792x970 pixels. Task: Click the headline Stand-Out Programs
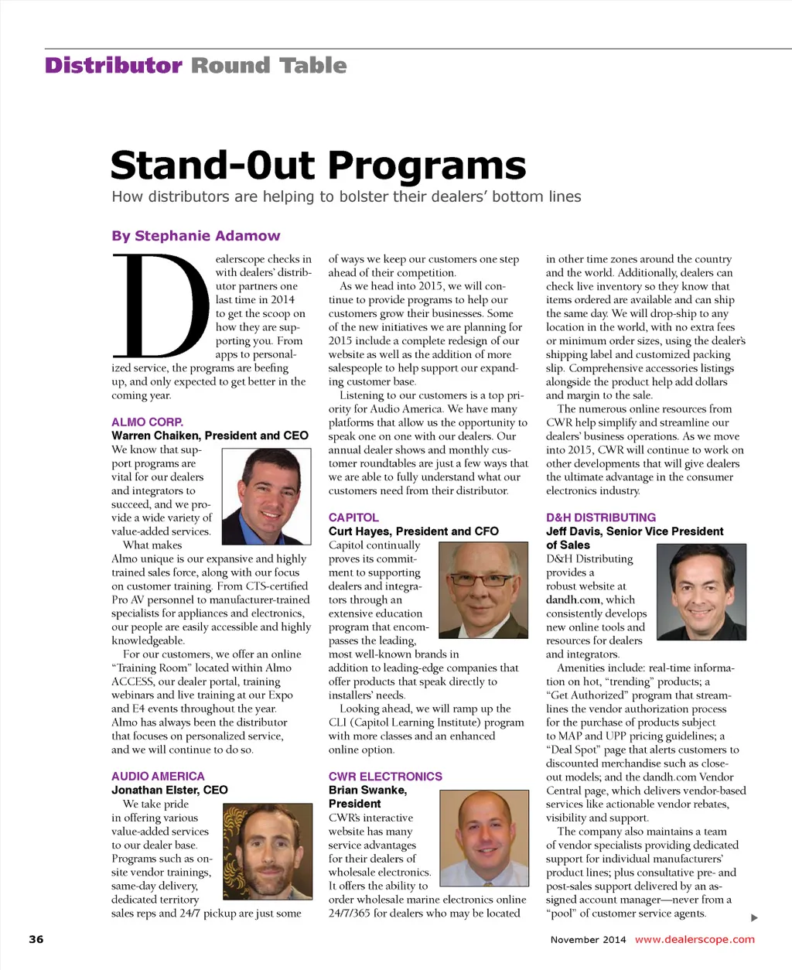[x=318, y=166]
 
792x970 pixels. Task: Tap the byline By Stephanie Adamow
[x=196, y=236]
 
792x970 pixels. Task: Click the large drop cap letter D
[x=161, y=306]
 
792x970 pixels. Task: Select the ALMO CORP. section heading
[x=147, y=422]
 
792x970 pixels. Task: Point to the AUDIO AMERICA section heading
[x=158, y=776]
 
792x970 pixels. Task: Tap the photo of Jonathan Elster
[x=267, y=851]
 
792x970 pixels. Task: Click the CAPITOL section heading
[x=353, y=517]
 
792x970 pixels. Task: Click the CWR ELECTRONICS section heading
[x=385, y=776]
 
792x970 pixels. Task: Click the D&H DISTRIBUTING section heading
[x=601, y=517]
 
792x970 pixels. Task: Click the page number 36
[x=36, y=939]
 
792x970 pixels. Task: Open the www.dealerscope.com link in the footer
[x=695, y=939]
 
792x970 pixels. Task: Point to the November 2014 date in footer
[x=588, y=940]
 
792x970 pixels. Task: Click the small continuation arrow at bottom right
[x=754, y=918]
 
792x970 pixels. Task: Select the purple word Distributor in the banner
[x=114, y=66]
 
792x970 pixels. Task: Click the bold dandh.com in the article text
[x=572, y=599]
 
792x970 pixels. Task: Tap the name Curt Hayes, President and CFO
[x=413, y=531]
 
